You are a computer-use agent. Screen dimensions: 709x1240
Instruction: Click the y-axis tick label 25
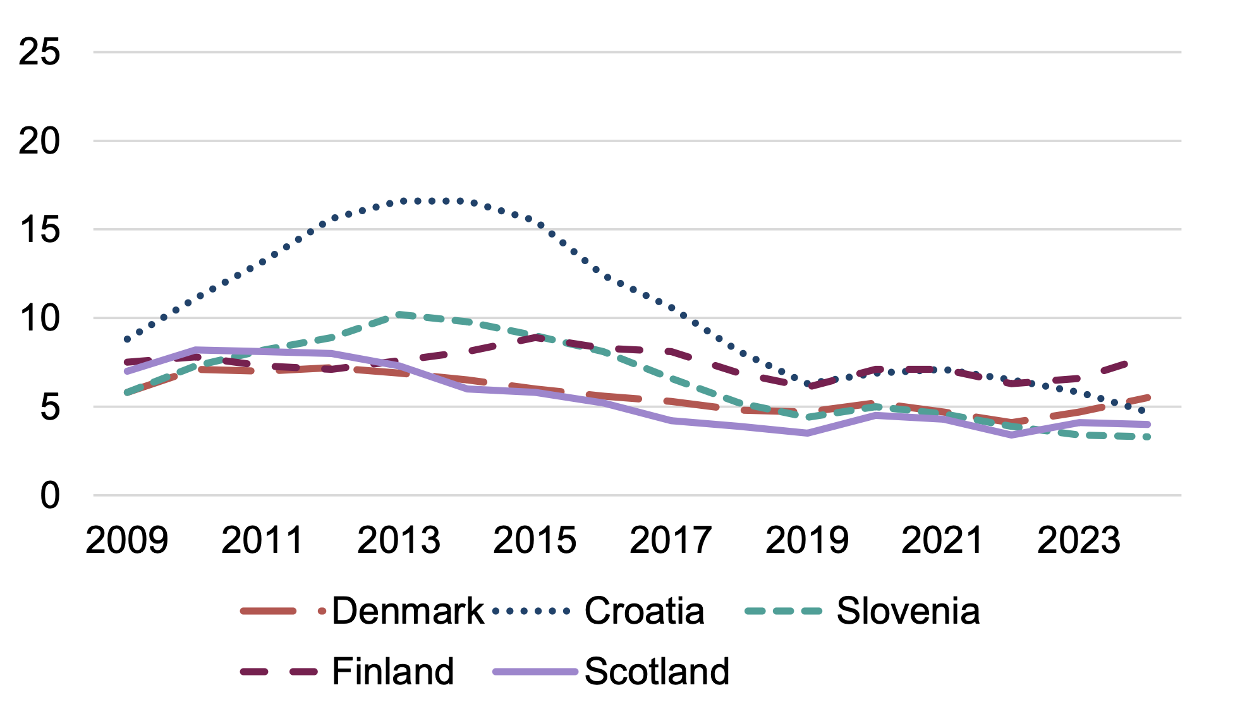click(x=39, y=52)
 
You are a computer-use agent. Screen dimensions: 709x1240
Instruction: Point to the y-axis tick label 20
click(x=39, y=141)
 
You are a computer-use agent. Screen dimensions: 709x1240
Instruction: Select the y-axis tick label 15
click(x=39, y=229)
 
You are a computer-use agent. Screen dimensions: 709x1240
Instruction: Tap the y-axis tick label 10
click(x=39, y=318)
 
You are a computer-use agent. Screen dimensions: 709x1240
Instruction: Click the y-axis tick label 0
click(x=49, y=495)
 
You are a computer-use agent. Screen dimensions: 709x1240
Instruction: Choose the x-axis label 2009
click(x=127, y=540)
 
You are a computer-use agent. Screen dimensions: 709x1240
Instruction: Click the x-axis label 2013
click(x=399, y=540)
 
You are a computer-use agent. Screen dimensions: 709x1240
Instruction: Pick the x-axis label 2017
click(x=671, y=540)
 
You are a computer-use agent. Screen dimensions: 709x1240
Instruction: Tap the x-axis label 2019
click(x=807, y=540)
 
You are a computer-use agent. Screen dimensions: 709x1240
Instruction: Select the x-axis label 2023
click(x=1079, y=540)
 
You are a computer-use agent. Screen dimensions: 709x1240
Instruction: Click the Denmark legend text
click(x=408, y=611)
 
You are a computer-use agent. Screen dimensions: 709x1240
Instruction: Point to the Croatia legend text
click(x=644, y=611)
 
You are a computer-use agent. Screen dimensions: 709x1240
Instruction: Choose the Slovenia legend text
click(x=908, y=611)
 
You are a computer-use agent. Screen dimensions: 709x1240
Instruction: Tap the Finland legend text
click(x=392, y=671)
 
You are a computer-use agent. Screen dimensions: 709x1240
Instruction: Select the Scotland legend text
click(x=657, y=671)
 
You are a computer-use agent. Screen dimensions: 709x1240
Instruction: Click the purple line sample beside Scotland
click(x=535, y=672)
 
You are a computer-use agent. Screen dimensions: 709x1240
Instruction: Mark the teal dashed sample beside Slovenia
click(x=783, y=611)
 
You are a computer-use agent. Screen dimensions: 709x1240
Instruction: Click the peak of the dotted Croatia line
click(x=433, y=200)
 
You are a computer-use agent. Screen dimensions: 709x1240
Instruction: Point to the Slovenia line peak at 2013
click(x=399, y=314)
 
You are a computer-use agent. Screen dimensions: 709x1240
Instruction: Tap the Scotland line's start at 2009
click(x=127, y=371)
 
